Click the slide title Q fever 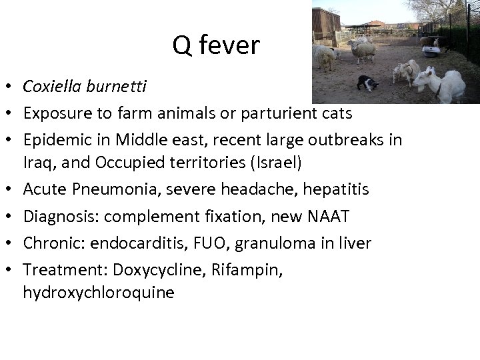[216, 45]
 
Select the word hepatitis [336, 189]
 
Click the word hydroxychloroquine [99, 293]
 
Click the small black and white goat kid [367, 83]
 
